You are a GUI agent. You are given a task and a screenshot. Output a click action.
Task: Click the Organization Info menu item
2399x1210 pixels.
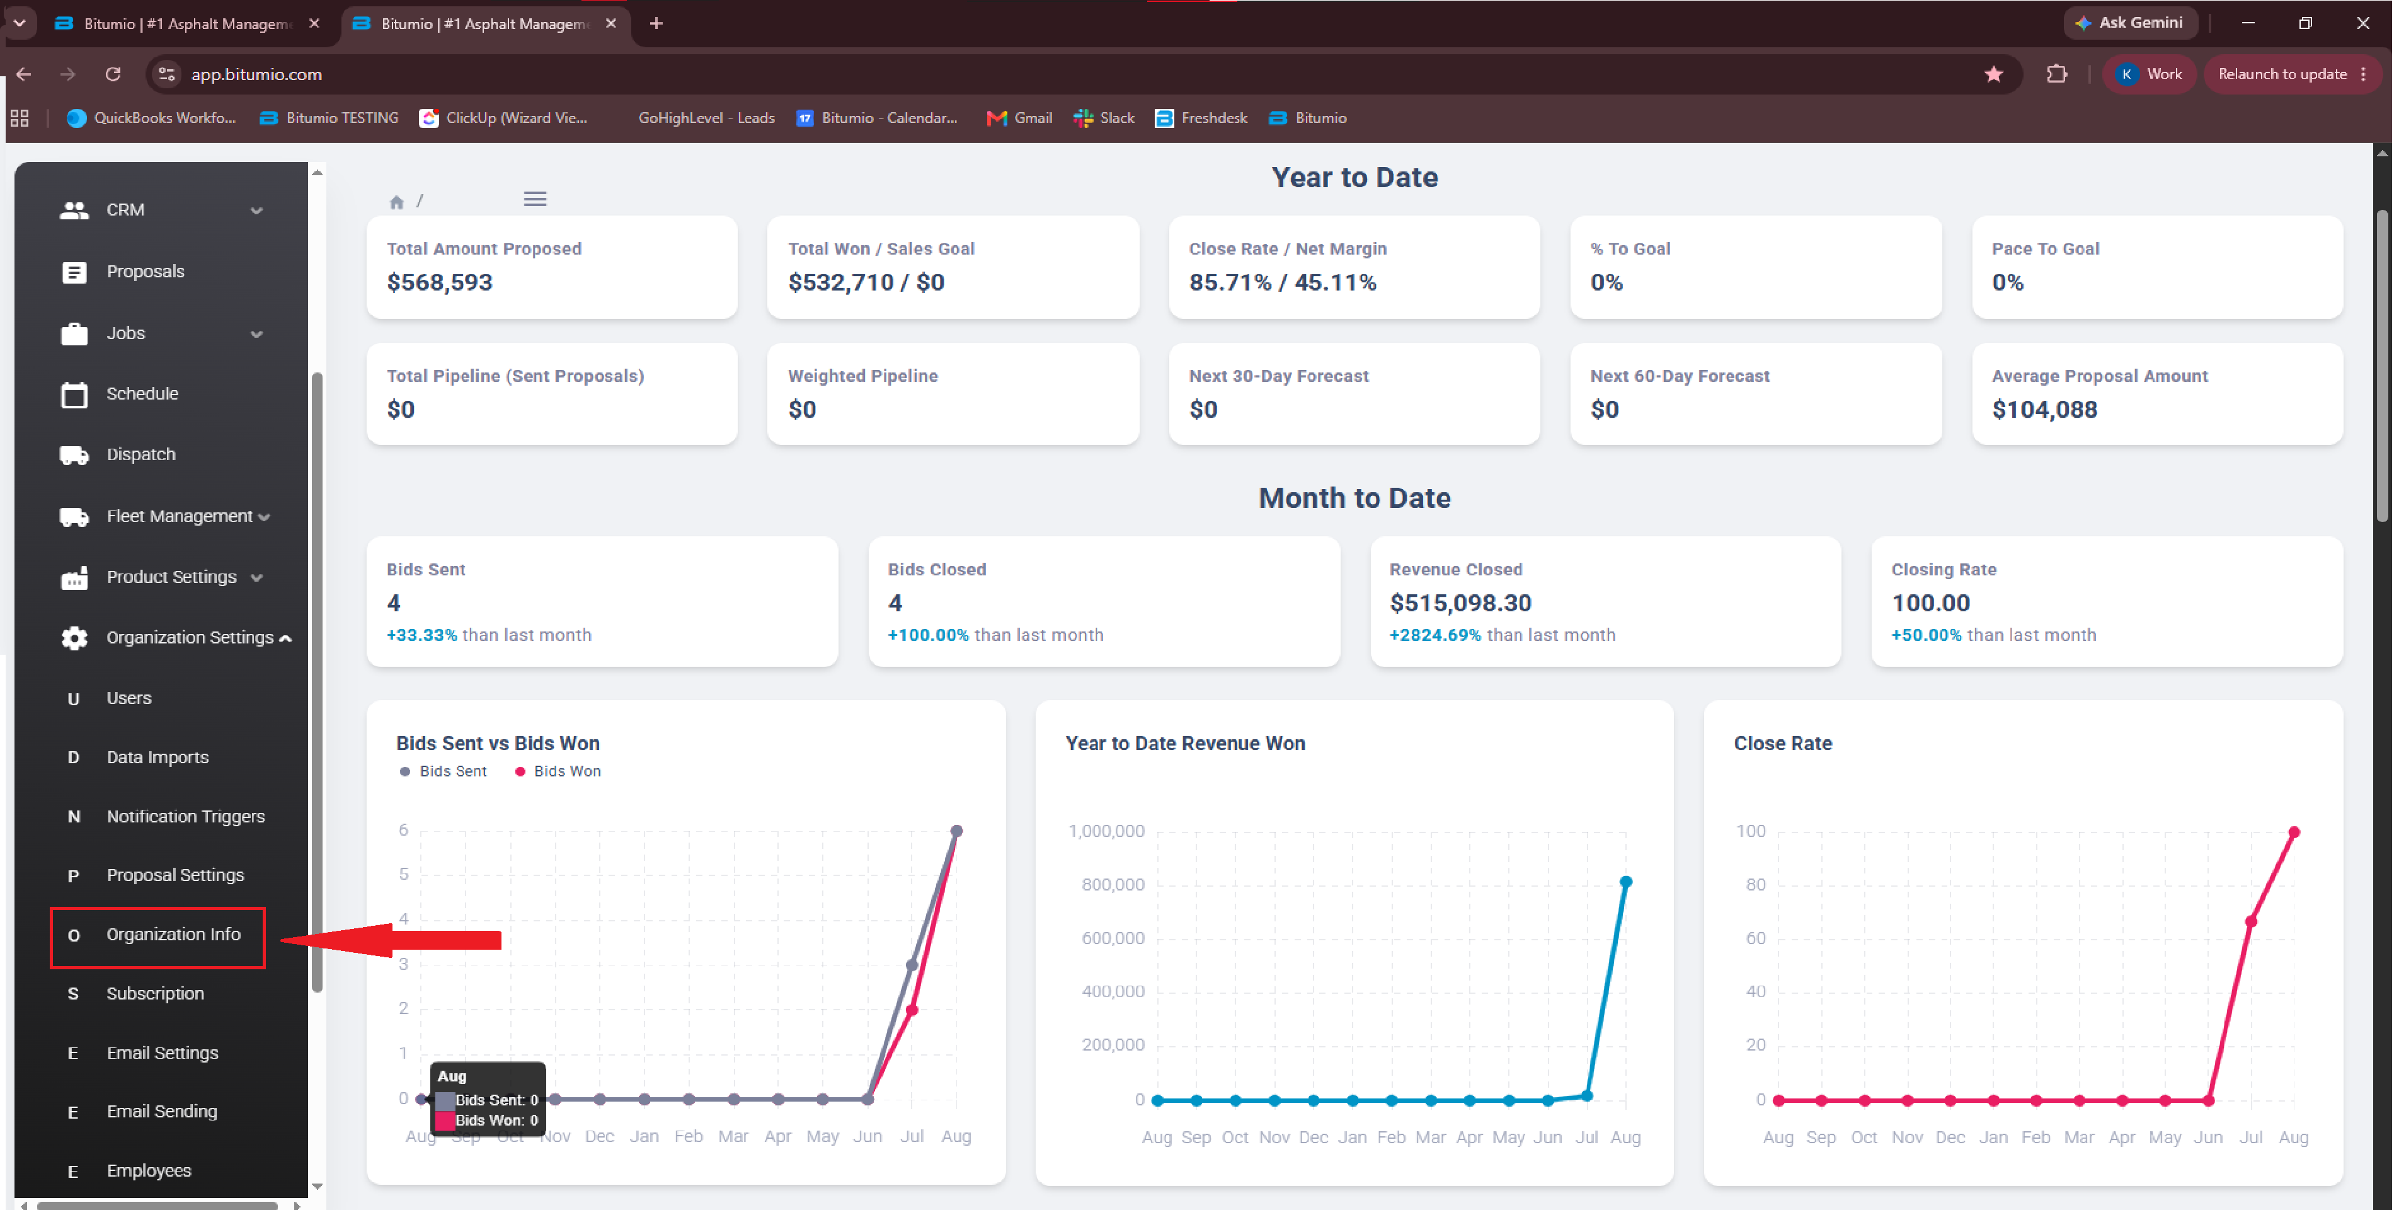173,934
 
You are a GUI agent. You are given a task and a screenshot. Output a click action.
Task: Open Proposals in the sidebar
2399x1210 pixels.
146,271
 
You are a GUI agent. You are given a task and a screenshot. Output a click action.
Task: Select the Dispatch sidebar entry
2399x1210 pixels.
140,454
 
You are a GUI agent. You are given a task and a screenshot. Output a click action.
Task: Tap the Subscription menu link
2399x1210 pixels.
154,994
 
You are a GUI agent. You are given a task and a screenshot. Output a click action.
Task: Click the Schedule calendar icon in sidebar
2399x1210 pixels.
74,394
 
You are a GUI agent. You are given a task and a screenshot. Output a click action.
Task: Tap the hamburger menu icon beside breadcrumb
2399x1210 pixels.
535,199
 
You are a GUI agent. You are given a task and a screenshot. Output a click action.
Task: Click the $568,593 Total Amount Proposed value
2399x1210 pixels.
440,282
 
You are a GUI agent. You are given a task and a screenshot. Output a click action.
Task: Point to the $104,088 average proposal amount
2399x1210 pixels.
2044,409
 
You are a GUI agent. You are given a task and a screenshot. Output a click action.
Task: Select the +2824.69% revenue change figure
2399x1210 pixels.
1435,635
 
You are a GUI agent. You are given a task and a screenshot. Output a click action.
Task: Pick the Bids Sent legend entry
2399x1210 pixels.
444,771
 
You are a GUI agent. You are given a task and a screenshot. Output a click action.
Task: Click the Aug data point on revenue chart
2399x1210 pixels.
1625,882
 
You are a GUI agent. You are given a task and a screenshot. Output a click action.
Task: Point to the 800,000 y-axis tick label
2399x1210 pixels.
1113,885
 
